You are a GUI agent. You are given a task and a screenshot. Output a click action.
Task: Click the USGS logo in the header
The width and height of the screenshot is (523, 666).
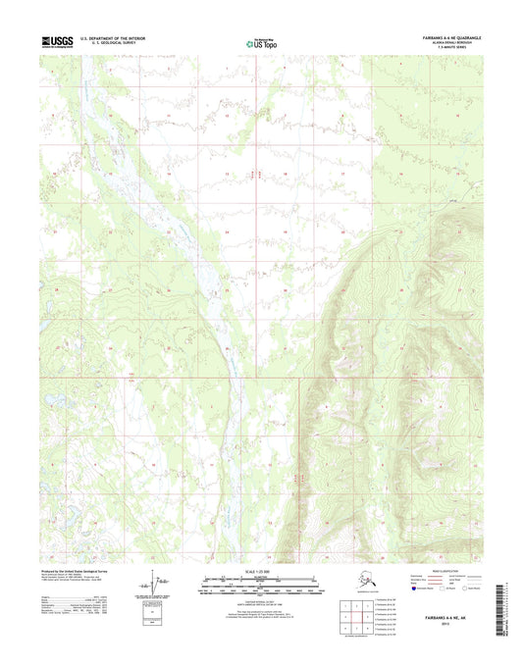pos(58,41)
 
